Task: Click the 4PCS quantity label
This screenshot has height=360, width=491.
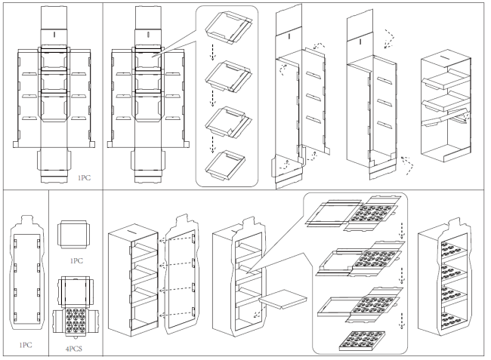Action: tap(76, 349)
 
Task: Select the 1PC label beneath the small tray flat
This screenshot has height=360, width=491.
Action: tap(76, 260)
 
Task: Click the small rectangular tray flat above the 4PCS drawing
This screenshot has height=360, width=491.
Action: tap(76, 234)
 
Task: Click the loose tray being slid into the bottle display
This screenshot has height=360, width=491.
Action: tap(279, 301)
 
